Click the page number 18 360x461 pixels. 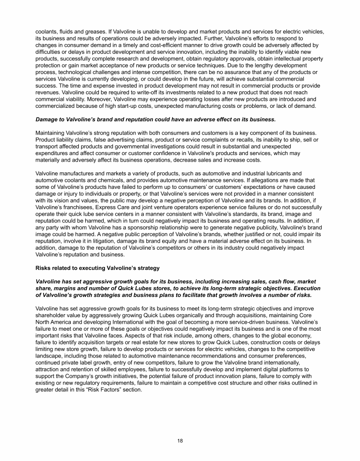coord(180,441)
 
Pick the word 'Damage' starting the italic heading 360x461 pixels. coord(48,119)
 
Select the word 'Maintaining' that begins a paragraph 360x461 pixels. coord(51,134)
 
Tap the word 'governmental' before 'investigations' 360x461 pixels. coord(133,147)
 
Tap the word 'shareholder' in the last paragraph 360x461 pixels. coord(51,316)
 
